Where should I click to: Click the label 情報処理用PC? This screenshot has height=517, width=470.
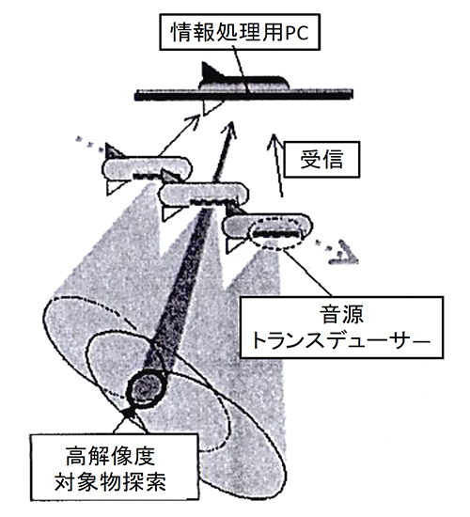240,32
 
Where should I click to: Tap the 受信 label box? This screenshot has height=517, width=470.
321,160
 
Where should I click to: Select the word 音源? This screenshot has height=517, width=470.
341,314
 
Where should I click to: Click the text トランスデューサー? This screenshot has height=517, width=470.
341,340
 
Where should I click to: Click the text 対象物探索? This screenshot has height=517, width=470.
110,482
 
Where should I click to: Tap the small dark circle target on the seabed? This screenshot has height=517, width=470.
145,390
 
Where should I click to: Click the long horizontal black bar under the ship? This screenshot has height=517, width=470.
243,95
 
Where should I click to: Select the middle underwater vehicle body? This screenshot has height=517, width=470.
203,195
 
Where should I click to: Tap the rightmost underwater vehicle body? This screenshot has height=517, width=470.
267,227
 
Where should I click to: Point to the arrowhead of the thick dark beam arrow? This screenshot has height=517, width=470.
230,130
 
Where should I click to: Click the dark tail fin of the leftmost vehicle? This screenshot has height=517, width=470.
113,150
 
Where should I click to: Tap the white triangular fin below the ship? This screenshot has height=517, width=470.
211,107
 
